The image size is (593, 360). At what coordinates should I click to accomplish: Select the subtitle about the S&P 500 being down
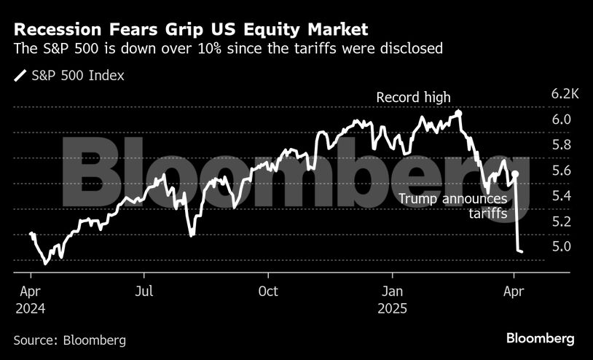coord(228,49)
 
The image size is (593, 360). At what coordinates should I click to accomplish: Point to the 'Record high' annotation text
coord(413,97)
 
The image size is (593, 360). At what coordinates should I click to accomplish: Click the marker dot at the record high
coord(458,113)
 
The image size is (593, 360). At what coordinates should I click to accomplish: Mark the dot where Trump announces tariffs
coord(515,174)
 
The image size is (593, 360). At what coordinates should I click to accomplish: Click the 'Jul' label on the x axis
coord(144,291)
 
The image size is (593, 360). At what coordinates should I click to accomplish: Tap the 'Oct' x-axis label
coord(268,291)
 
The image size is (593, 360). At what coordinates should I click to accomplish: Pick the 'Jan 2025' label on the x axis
coord(392,299)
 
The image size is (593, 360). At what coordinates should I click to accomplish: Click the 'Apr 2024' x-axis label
coord(31,299)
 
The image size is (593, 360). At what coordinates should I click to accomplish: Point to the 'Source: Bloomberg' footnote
coord(69,340)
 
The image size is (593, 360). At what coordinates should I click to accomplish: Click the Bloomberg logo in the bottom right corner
coord(541,338)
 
